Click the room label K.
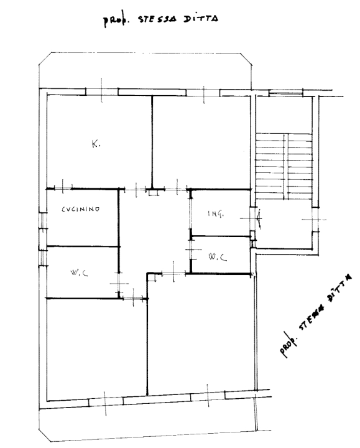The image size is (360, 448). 95,144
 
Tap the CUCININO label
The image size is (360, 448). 81,210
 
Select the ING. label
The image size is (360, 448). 216,214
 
